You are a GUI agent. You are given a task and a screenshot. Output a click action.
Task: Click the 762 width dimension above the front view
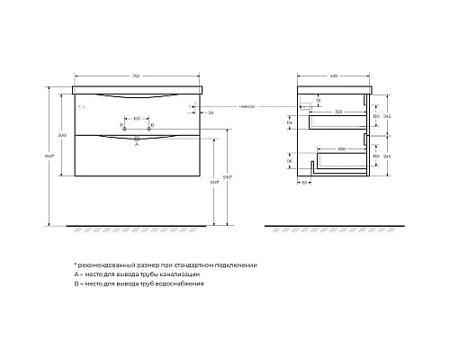tap(135, 74)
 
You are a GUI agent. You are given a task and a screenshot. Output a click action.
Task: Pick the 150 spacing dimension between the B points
tap(135, 117)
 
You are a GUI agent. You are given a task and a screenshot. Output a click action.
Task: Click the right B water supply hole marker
tap(150, 123)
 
